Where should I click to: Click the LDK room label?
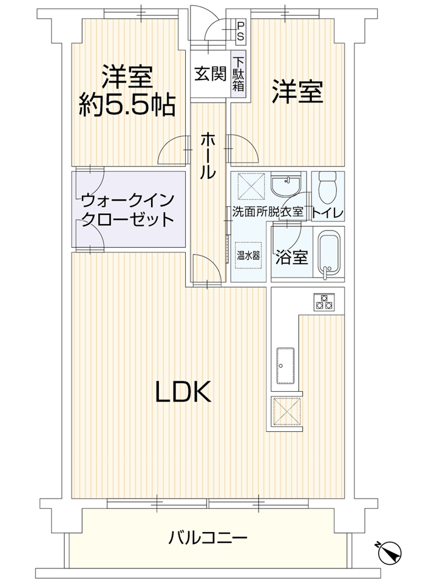183,392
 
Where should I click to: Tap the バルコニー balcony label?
208,537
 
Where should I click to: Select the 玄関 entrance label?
211,73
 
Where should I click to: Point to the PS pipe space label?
241,31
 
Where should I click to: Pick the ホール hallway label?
208,155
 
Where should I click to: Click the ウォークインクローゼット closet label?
127,210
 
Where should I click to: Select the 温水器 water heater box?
248,256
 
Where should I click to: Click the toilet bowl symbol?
328,187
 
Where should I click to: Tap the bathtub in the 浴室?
329,254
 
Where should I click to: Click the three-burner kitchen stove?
324,302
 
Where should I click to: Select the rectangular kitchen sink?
285,366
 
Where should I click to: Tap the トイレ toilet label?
327,213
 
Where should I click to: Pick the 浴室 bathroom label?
291,257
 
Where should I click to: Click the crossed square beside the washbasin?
251,186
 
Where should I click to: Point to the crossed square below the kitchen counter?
286,411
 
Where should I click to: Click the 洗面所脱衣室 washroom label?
268,212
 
